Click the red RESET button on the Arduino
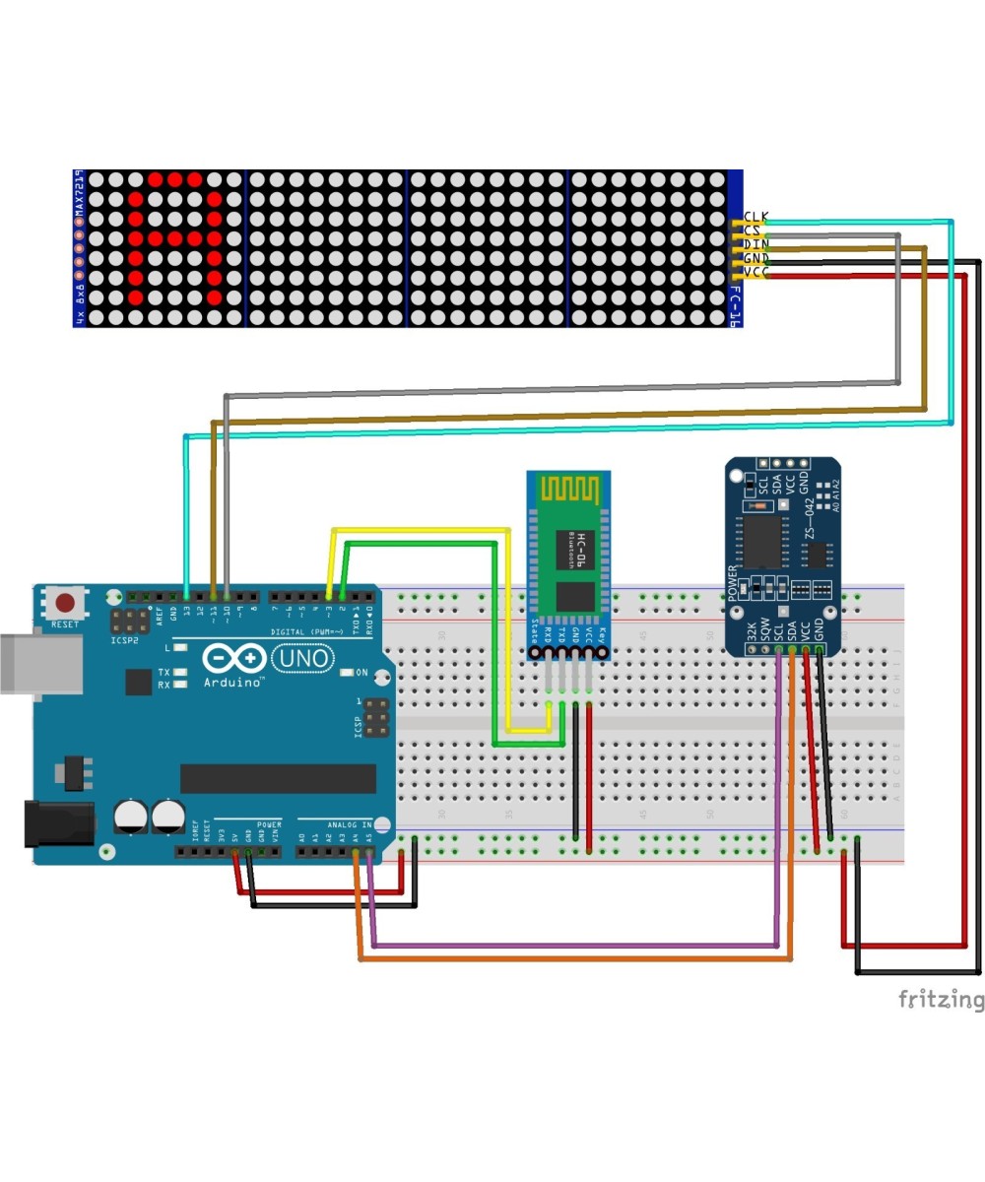66,603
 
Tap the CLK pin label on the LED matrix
755,217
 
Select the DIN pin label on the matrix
755,244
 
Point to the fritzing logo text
941,1000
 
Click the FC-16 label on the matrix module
734,306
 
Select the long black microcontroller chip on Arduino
278,778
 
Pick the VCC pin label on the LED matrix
755,272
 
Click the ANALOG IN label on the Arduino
350,823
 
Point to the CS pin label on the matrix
753,230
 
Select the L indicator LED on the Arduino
179,648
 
